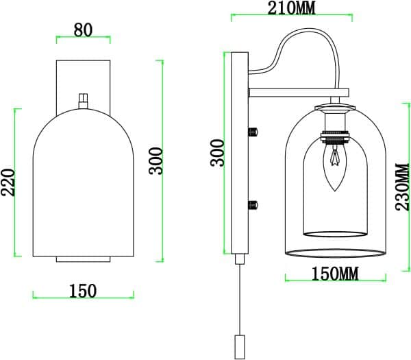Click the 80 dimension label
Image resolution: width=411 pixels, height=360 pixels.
tap(83, 30)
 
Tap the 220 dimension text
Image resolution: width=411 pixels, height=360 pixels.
tap(8, 182)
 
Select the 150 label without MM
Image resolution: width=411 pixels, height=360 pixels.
tap(83, 291)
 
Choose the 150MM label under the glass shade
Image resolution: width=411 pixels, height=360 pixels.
tap(335, 274)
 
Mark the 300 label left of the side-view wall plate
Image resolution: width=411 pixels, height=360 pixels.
tap(217, 154)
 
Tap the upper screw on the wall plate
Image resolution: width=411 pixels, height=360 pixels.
tap(253, 130)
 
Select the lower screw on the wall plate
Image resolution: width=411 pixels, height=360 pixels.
tap(253, 203)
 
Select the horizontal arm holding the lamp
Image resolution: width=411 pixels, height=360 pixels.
tap(299, 91)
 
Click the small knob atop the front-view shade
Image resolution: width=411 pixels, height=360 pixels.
tap(84, 101)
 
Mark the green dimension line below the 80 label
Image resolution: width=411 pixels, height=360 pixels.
tap(83, 38)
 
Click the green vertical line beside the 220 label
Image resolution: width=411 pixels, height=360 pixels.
tap(16, 182)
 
